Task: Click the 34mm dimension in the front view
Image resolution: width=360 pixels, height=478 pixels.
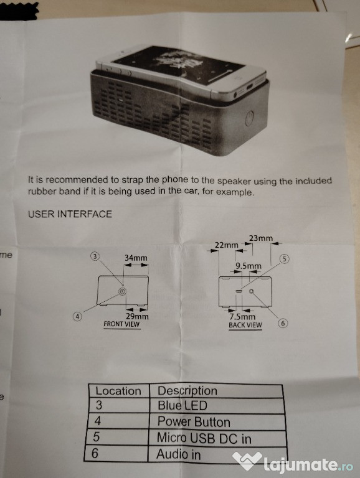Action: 136,258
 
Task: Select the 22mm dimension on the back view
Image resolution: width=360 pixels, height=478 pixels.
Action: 226,245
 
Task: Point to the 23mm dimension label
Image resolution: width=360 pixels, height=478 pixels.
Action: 261,238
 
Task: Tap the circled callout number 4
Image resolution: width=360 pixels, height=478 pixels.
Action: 78,316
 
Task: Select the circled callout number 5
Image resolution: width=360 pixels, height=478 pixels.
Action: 285,259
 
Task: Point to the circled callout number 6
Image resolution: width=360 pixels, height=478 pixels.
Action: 282,324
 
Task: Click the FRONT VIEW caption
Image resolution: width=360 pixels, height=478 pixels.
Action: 121,325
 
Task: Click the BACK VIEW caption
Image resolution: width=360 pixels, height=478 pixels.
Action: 245,325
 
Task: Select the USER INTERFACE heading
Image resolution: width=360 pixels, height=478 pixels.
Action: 70,214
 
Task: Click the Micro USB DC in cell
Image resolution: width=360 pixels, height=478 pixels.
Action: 204,438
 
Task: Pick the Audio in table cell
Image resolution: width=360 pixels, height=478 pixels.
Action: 179,454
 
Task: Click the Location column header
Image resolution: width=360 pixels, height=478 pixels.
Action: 118,391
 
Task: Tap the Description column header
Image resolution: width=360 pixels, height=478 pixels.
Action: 187,390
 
